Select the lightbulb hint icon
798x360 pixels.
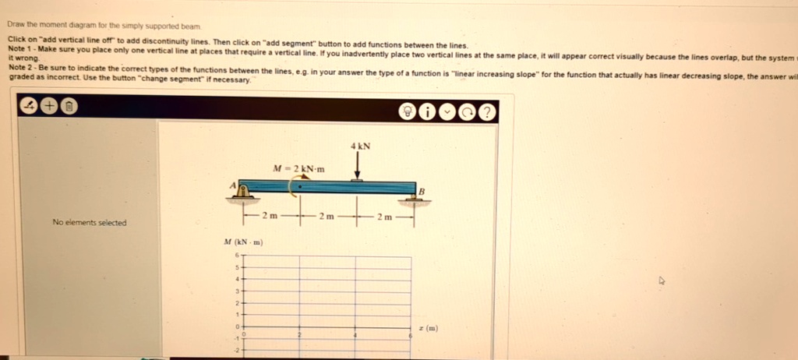coord(408,111)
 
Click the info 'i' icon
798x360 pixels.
coord(427,111)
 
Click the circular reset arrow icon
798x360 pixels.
coord(468,111)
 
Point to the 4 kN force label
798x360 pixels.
coord(360,146)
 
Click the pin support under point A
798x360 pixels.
coord(245,193)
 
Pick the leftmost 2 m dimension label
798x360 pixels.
coord(270,215)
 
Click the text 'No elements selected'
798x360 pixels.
coord(89,223)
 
